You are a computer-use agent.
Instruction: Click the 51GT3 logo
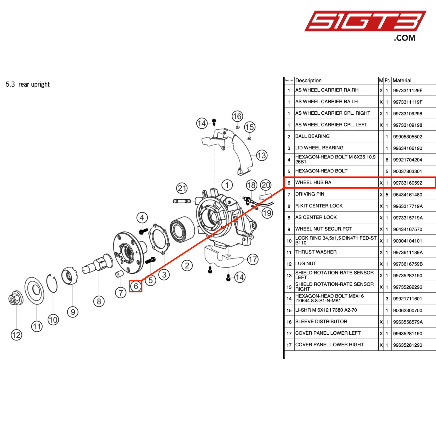365,22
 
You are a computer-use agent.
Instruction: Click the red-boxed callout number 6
136,286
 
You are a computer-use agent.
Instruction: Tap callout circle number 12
16,335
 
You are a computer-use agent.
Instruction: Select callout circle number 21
182,188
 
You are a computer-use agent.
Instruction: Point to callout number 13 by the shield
262,155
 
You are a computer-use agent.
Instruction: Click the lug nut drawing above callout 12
14,299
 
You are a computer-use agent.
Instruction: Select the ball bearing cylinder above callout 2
182,229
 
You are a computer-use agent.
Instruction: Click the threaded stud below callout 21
182,201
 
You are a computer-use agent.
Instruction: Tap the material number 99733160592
408,183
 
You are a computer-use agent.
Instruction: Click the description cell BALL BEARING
312,136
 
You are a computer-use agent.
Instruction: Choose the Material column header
402,81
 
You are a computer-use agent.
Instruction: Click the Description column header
308,81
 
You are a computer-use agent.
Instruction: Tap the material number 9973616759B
408,264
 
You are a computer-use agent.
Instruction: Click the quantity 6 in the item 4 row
387,160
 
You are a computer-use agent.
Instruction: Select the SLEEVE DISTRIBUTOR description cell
321,322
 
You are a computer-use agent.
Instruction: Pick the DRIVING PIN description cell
310,194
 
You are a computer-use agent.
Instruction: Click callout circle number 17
253,259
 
